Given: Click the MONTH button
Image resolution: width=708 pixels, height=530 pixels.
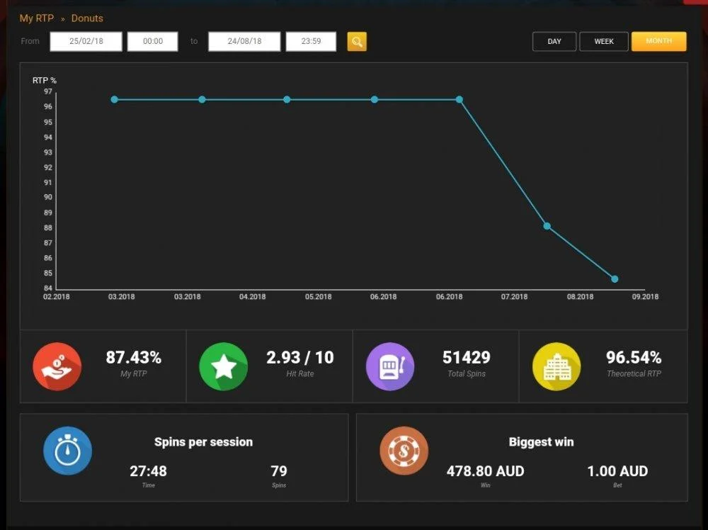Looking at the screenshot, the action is [658, 41].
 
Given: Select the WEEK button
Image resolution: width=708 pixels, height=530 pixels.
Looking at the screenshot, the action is [604, 41].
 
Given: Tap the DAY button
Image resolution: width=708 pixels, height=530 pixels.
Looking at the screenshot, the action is [554, 41].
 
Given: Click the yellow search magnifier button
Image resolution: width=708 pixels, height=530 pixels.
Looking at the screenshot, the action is [357, 42].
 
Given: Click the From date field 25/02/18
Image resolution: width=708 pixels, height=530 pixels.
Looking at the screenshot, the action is [86, 41].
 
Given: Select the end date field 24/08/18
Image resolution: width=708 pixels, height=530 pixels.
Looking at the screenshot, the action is [244, 41].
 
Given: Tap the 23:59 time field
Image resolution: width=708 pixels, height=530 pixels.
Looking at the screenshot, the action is [311, 41].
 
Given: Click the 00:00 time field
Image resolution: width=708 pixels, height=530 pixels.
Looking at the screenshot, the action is [153, 41].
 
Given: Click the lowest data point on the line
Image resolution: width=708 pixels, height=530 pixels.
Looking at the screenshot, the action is [615, 278].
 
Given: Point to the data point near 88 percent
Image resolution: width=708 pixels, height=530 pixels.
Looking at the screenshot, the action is [547, 226].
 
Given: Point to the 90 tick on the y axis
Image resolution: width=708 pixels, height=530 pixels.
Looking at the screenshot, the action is [48, 197].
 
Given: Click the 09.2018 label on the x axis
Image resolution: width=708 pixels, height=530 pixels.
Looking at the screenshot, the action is [645, 297].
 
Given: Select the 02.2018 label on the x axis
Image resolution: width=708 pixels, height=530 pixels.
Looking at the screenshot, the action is [57, 297].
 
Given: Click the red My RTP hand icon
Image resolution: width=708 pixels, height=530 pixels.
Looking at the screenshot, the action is [57, 366].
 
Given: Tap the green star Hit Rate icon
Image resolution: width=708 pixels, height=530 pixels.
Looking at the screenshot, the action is [224, 366].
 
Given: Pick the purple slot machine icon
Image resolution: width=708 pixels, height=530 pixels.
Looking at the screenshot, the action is [390, 366].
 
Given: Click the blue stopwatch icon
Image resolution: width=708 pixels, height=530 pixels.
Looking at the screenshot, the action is [68, 451].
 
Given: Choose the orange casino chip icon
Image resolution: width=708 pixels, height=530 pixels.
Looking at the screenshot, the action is [404, 451].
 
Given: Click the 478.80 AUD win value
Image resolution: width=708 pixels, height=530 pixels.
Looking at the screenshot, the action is [486, 471].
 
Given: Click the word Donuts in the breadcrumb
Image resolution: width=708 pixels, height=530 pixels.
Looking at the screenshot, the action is [87, 18].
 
